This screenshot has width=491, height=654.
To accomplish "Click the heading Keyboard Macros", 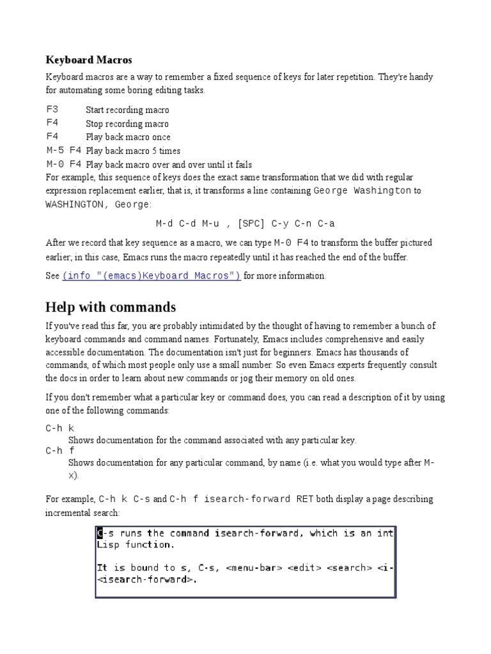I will [x=89, y=60].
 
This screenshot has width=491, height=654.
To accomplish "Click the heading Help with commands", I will [x=110, y=307].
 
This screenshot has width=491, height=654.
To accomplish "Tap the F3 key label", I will [x=52, y=109].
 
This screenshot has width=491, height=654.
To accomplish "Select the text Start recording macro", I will [x=127, y=110].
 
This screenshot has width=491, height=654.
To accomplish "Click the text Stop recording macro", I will [x=127, y=124].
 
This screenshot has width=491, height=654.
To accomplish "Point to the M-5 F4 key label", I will [x=64, y=151].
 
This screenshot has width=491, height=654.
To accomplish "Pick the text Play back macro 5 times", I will [x=133, y=151].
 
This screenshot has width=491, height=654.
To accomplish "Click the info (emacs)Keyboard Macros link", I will [x=151, y=276].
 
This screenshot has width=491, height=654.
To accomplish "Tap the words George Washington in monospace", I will [x=362, y=190].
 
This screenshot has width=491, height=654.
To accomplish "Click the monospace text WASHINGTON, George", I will [x=98, y=204].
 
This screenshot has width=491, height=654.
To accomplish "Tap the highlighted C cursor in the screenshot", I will [x=100, y=533].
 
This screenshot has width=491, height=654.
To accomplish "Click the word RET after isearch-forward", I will [x=304, y=498].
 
